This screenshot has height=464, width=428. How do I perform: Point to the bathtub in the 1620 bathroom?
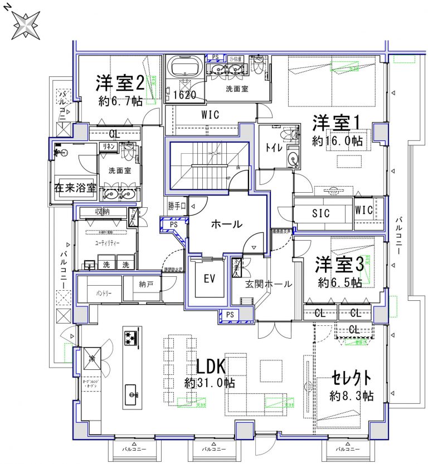click(184, 68)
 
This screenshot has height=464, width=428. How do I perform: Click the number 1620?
click(184, 95)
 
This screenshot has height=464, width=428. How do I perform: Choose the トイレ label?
click(273, 148)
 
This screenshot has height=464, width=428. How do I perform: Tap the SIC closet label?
click(321, 213)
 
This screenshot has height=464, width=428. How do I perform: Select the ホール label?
click(226, 224)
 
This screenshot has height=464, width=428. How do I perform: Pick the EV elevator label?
click(209, 278)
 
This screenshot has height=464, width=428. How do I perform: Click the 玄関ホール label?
click(269, 284)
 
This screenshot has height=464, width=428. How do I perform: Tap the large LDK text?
click(210, 367)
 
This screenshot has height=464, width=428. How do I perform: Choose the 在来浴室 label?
click(75, 188)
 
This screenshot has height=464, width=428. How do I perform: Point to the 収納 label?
click(102, 212)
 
